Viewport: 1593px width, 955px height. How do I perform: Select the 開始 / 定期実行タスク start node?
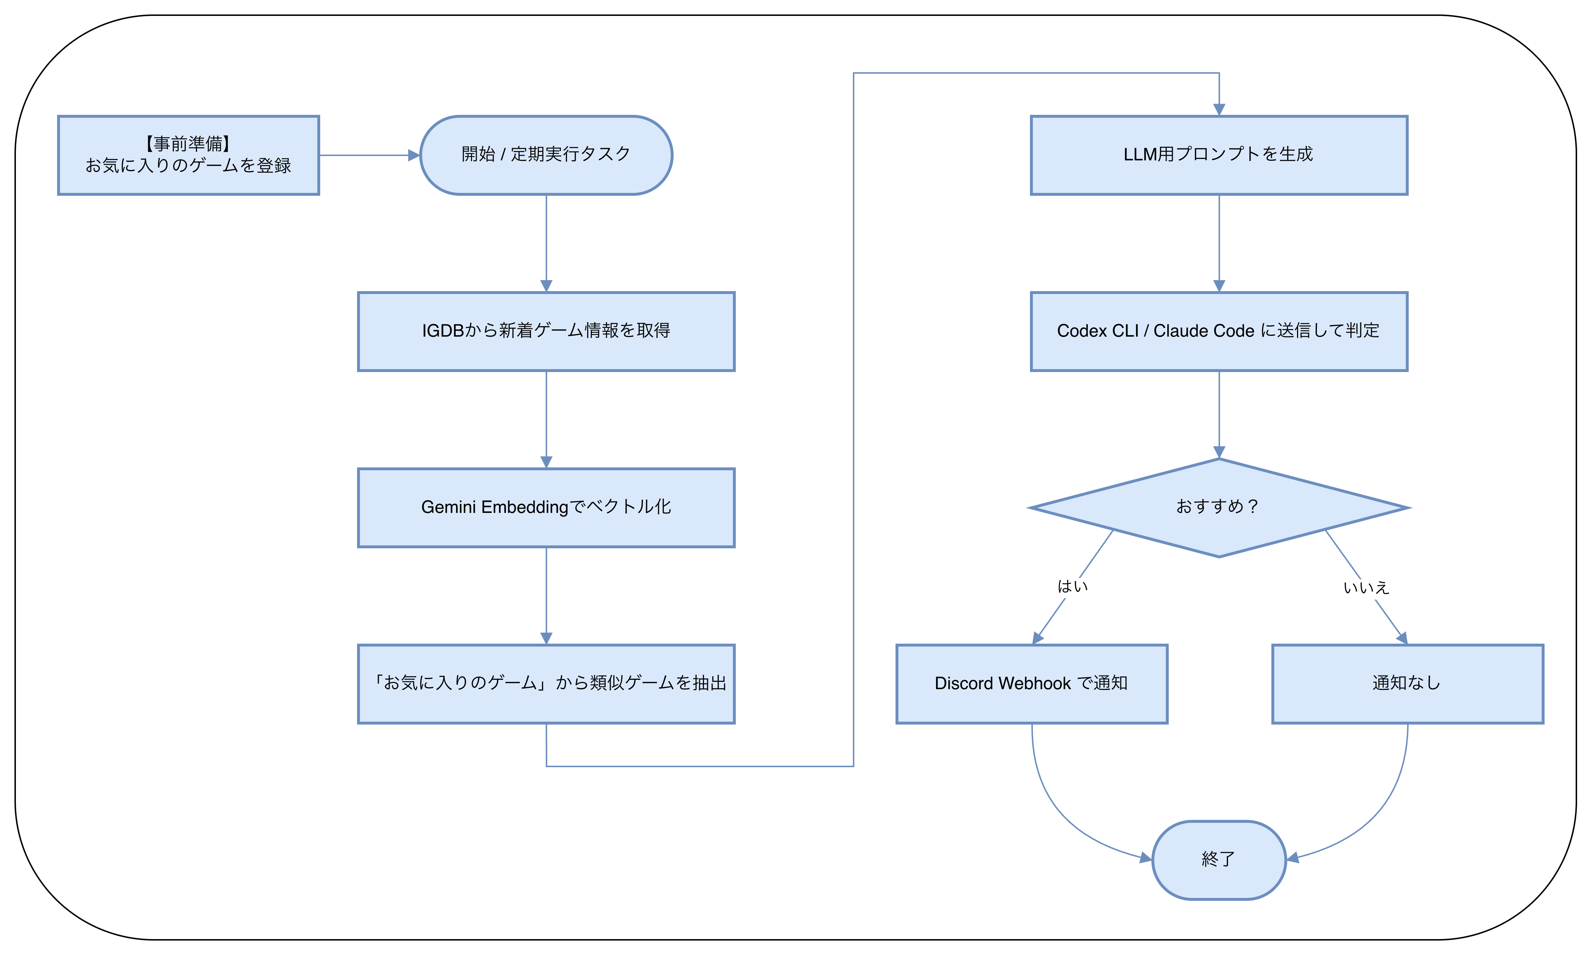[x=546, y=155]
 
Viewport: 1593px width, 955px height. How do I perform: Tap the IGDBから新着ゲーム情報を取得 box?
[x=546, y=332]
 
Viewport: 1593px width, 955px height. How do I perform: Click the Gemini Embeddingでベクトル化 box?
[x=546, y=508]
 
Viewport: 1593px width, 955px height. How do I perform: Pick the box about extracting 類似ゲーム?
[x=546, y=683]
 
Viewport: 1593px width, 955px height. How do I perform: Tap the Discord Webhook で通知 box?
[x=1031, y=683]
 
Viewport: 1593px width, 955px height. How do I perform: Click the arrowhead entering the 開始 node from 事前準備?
[x=413, y=155]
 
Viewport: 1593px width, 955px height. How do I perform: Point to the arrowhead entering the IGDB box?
[x=546, y=286]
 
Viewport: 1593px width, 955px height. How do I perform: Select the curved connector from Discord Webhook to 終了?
[x=1056, y=811]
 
